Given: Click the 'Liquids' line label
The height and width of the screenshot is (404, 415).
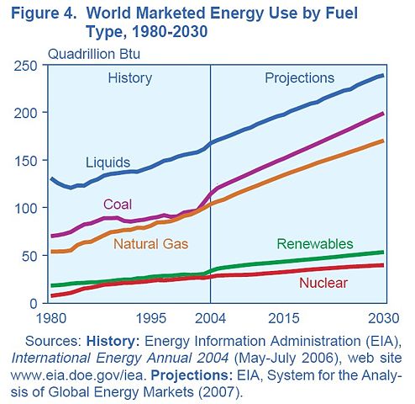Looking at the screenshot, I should pyautogui.click(x=108, y=161).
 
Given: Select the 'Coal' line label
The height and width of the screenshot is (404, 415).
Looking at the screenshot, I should pyautogui.click(x=118, y=204).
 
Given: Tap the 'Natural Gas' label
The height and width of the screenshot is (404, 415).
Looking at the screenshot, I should pyautogui.click(x=150, y=244).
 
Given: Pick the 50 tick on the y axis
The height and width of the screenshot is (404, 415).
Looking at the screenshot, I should pyautogui.click(x=37, y=255).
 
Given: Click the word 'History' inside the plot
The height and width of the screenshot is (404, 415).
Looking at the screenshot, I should pyautogui.click(x=130, y=78).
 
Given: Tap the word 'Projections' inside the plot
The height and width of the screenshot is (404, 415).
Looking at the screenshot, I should pyautogui.click(x=299, y=78).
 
